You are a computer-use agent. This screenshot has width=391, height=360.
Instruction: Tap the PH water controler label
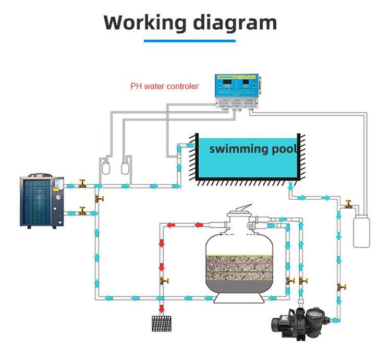164,86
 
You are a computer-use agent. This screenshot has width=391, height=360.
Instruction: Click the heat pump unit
41,201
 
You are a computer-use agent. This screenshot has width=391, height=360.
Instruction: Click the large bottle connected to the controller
362,229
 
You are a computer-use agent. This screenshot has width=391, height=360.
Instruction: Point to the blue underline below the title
190,41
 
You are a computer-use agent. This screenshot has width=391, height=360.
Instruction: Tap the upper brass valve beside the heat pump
82,184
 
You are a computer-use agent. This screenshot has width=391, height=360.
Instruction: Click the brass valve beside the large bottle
348,204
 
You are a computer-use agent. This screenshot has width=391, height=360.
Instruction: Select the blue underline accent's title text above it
190,22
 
